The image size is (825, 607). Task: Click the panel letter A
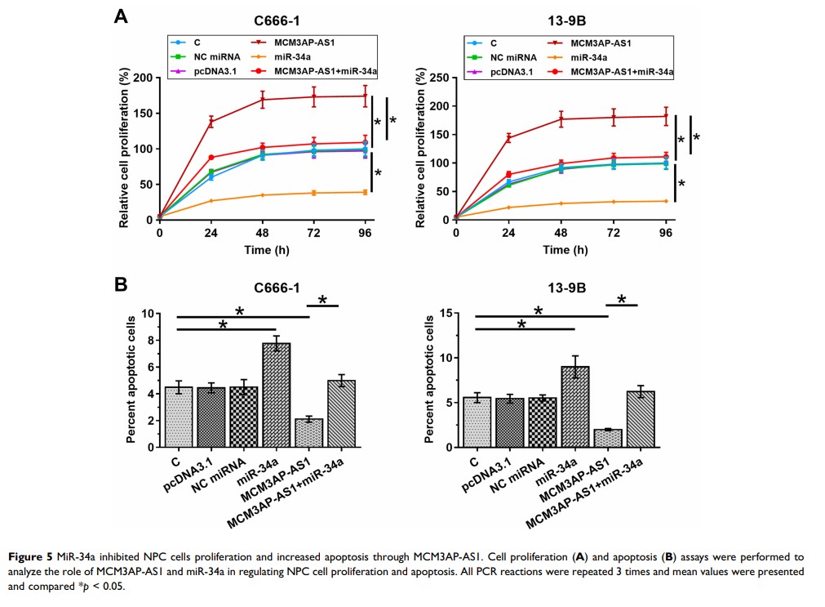(120, 16)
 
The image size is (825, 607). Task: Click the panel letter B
(120, 284)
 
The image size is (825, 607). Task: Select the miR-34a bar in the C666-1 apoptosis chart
(276, 395)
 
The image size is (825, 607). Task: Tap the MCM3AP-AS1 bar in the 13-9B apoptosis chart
(607, 438)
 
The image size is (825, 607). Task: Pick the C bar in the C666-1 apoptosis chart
(178, 417)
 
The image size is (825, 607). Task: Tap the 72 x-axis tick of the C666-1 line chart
(313, 233)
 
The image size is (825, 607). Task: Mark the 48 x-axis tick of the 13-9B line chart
(561, 233)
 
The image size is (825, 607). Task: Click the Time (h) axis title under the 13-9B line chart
(561, 249)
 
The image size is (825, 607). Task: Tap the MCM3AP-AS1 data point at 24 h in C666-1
(211, 122)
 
